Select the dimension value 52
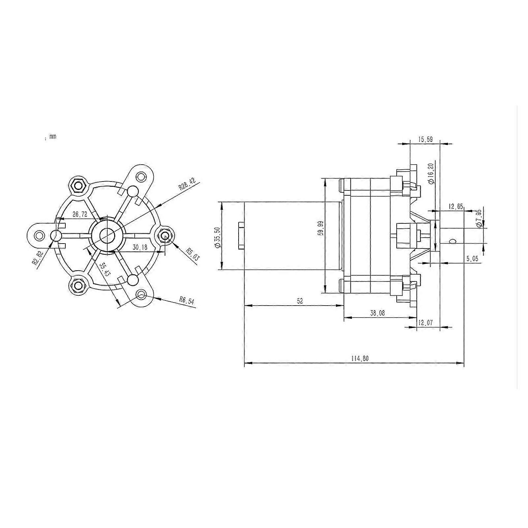(300, 301)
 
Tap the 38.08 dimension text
(377, 313)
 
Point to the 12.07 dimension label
(425, 323)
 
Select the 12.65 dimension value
(456, 207)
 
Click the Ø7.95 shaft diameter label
(478, 218)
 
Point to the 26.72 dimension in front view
(80, 214)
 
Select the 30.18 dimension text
(140, 247)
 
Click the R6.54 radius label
(187, 300)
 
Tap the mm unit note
(52, 136)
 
